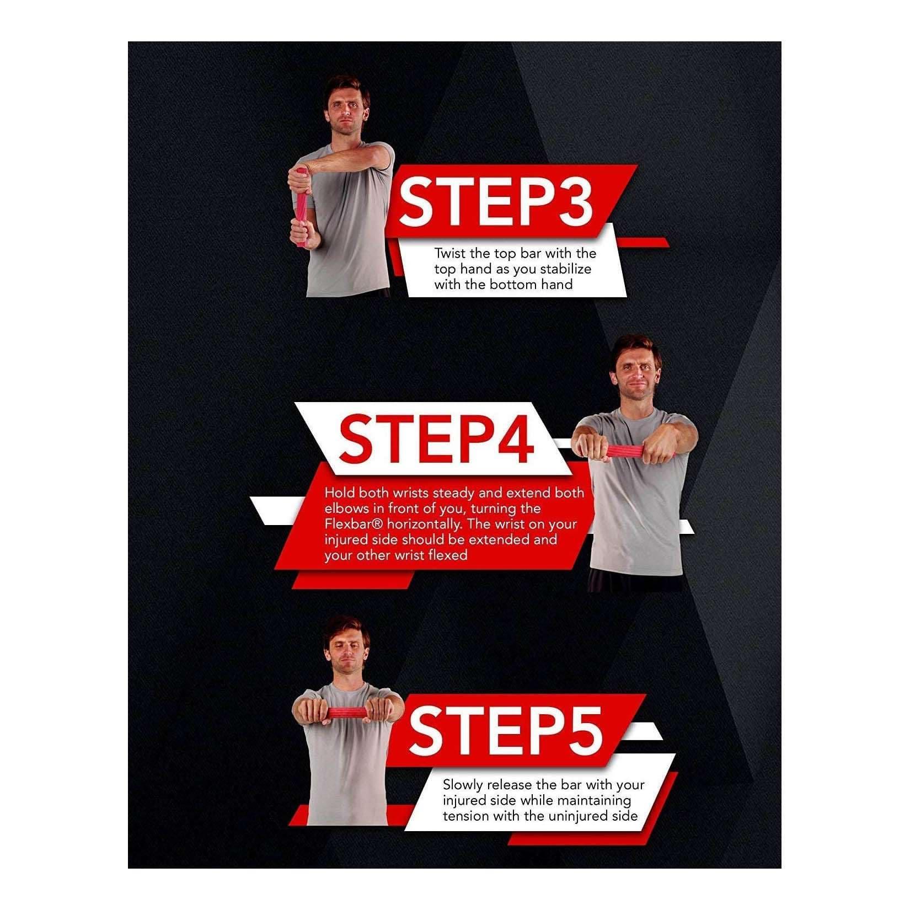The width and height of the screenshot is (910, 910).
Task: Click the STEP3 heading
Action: [x=496, y=201]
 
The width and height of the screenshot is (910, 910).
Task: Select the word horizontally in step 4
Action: [x=421, y=524]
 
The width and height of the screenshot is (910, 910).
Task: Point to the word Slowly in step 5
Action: [x=463, y=785]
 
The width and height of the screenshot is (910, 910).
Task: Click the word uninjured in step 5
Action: [x=576, y=816]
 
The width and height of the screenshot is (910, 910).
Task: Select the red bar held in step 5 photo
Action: [x=345, y=713]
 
